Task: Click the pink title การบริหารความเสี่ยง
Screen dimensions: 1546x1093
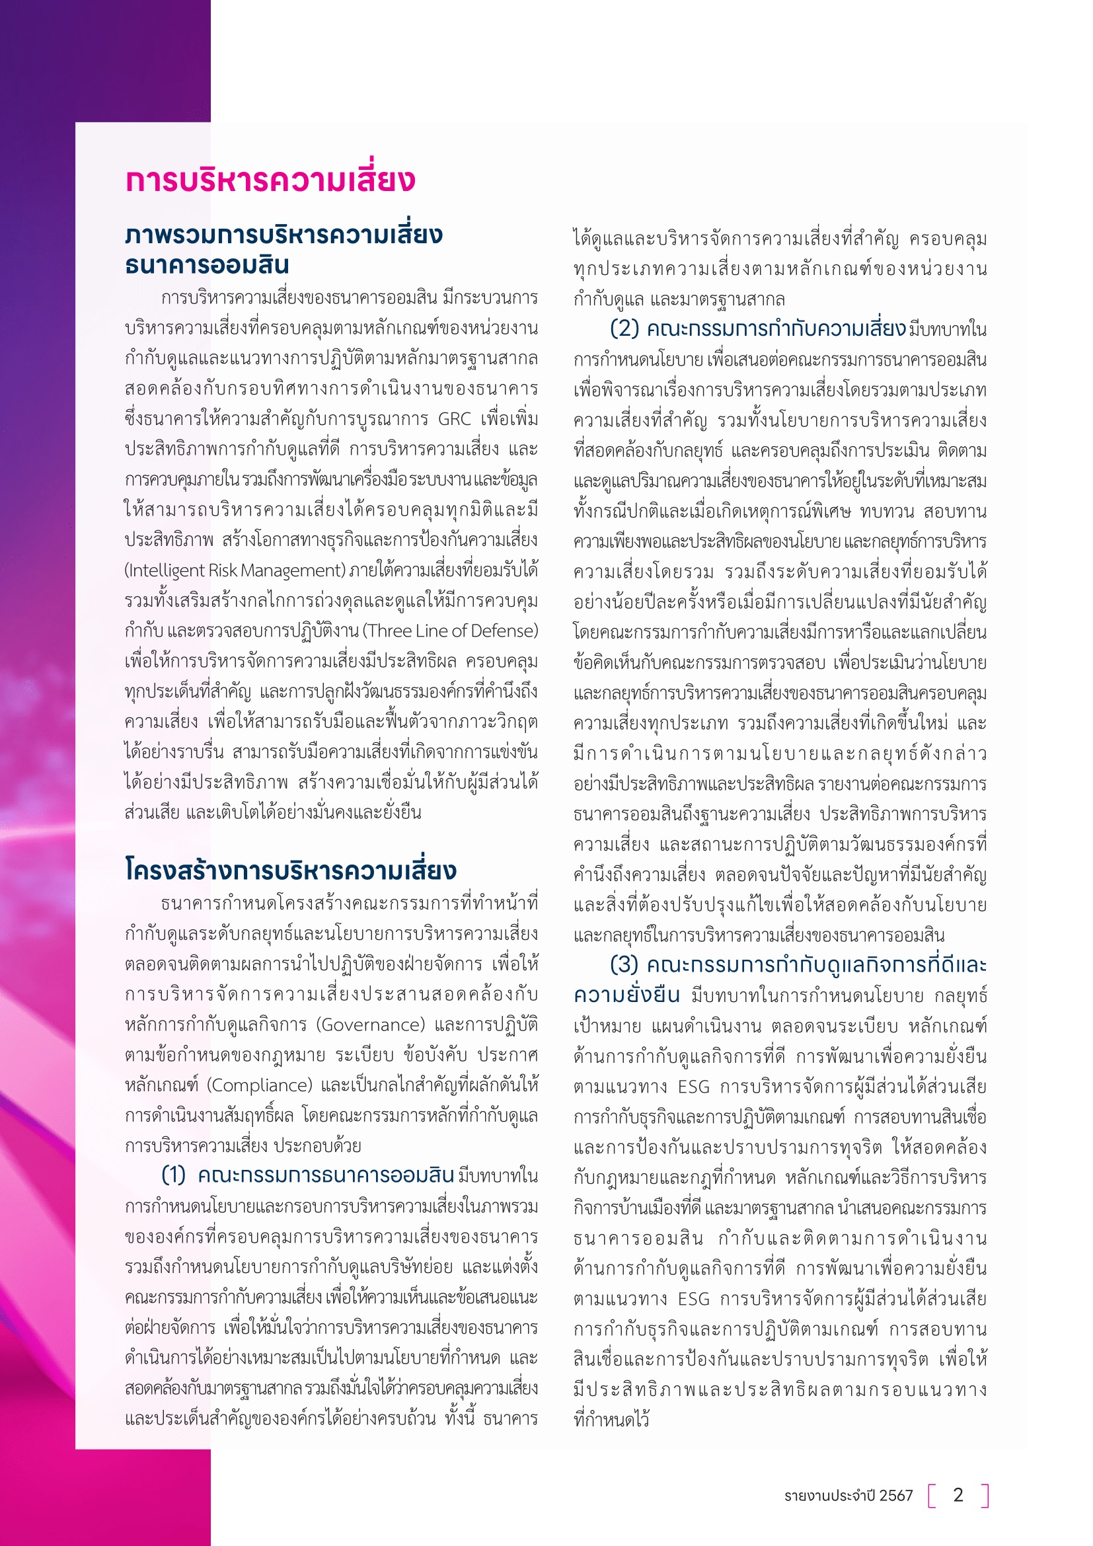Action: tap(270, 180)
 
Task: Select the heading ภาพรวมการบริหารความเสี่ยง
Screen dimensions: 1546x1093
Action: tap(283, 235)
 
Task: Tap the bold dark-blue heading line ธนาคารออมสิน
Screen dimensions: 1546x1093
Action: tap(207, 264)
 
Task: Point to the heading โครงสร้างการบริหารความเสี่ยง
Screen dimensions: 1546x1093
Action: tap(291, 870)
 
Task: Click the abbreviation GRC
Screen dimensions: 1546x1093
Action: tap(454, 419)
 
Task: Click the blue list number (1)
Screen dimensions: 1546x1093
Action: tap(174, 1175)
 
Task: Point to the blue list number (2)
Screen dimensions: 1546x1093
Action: tap(624, 329)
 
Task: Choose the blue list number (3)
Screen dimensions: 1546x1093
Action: tap(624, 965)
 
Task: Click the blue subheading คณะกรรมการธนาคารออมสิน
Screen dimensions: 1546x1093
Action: tap(326, 1175)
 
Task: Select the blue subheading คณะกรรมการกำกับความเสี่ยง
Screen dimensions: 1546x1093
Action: tap(775, 329)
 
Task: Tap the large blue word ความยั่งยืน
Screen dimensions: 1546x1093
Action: tap(626, 995)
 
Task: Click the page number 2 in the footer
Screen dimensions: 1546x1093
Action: tap(958, 1495)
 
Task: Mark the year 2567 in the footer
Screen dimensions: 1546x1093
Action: tap(896, 1496)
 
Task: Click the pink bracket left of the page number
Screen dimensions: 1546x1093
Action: tap(933, 1495)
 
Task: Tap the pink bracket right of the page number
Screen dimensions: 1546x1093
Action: tap(985, 1495)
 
